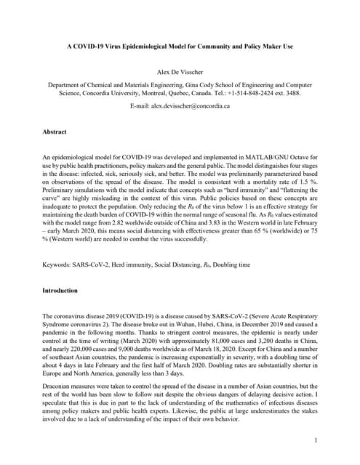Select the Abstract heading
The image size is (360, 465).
coord(55,132)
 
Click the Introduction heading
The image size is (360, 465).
coord(60,291)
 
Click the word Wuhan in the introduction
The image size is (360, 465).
coord(183,327)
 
